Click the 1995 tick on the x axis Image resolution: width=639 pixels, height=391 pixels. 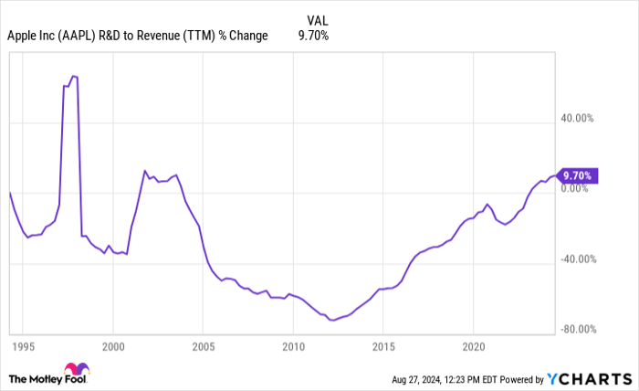click(24, 347)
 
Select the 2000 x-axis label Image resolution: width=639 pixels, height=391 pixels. click(113, 347)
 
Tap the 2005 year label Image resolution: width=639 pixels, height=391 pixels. click(203, 347)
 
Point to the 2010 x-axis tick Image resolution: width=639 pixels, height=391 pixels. click(293, 347)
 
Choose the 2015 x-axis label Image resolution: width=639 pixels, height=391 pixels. click(382, 347)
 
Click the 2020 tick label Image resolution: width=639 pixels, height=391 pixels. click(473, 347)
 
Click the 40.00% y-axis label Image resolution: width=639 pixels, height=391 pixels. click(577, 118)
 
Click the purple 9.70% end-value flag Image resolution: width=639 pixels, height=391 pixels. click(578, 175)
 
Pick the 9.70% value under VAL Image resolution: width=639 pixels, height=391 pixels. click(313, 36)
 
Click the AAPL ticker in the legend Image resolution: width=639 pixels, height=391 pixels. click(76, 36)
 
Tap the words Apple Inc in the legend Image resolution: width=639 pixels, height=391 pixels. click(30, 36)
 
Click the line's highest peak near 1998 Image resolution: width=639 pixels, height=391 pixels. click(73, 77)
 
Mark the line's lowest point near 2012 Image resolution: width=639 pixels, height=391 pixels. click(331, 321)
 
